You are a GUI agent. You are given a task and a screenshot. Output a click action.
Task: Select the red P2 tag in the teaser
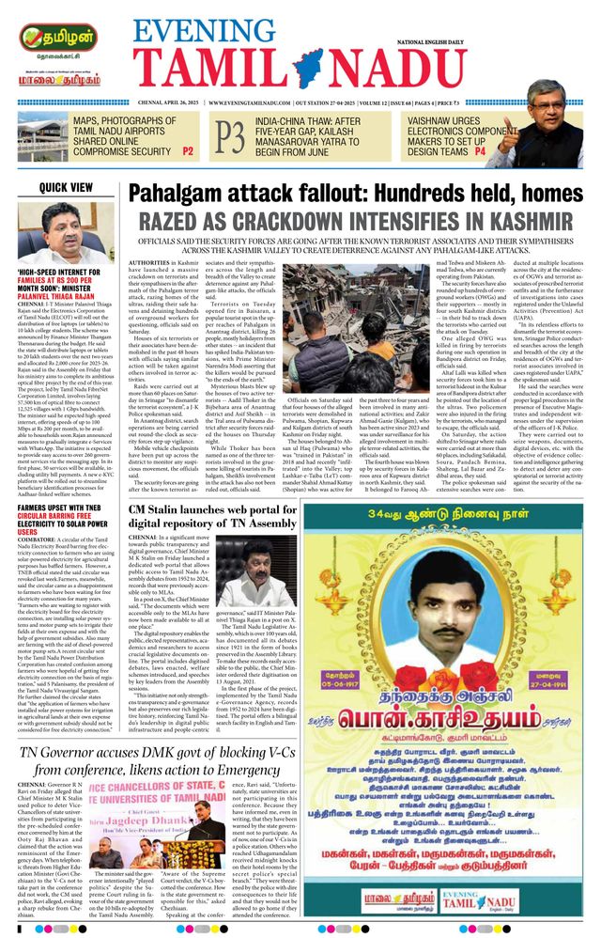(188, 150)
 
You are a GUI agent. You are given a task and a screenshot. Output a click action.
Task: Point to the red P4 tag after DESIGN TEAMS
(480, 150)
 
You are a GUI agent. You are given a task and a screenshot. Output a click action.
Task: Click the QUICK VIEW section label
(67, 187)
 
